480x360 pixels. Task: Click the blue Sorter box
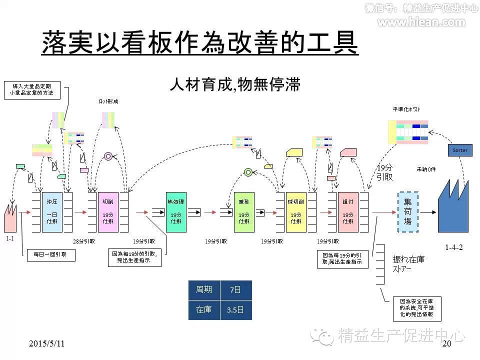(x=460, y=150)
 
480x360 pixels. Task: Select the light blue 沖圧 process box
(x=52, y=212)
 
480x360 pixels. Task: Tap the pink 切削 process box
(x=108, y=212)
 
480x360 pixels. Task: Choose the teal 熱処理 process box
(x=176, y=212)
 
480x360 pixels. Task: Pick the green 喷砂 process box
(x=244, y=212)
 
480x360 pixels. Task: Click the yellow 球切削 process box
(x=296, y=212)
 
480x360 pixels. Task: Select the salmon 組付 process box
(x=348, y=212)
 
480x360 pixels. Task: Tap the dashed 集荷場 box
(x=408, y=212)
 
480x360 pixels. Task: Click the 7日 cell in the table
(x=236, y=290)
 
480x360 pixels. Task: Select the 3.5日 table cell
(x=236, y=310)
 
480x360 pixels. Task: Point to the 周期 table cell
(x=204, y=290)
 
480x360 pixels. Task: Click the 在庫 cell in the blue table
(x=204, y=310)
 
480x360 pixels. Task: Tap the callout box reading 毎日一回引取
(x=50, y=254)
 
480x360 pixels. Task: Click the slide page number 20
(x=446, y=344)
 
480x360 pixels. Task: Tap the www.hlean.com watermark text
(x=421, y=22)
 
